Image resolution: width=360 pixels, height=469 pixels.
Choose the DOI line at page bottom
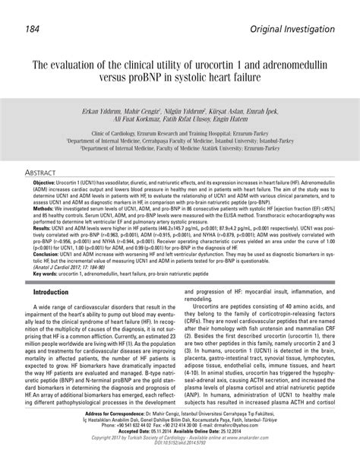click(180, 463)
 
